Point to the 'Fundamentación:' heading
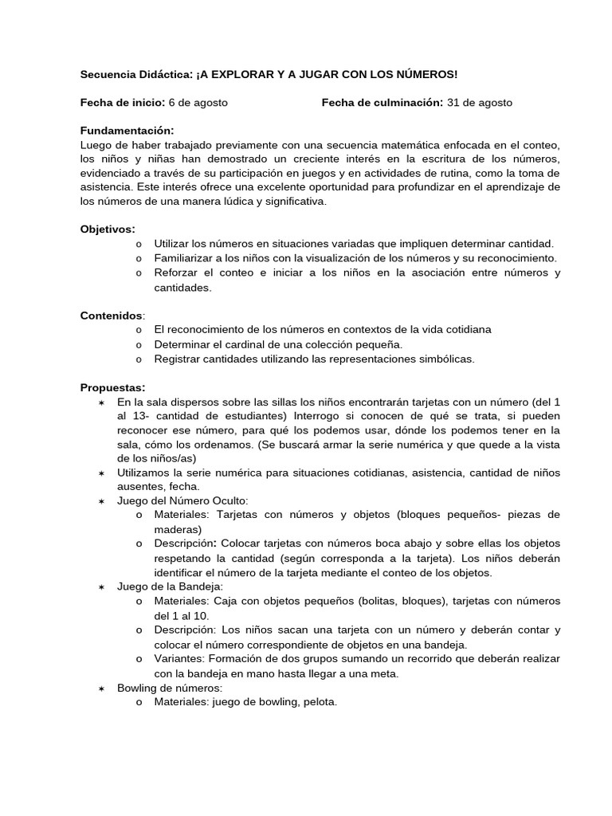127,131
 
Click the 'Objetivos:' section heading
108,229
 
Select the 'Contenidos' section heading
112,316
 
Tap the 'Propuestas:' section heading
112,387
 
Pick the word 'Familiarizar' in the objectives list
185,258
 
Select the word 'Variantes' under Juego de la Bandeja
181,658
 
